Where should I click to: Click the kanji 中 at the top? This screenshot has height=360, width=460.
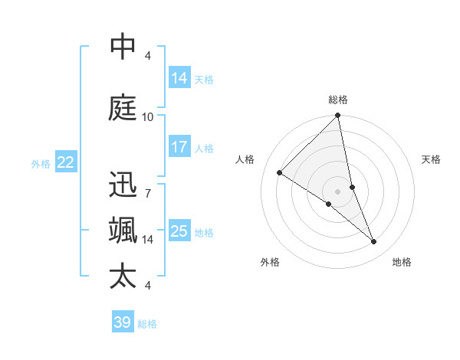pos(123,47)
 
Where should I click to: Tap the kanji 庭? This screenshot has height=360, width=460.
pos(123,108)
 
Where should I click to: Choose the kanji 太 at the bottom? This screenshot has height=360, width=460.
pos(123,277)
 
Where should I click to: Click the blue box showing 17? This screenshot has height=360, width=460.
pos(179,146)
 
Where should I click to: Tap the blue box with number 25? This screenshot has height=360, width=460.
pos(179,231)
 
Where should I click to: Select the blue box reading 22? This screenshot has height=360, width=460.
pos(66,162)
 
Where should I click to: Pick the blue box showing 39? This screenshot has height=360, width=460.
pos(123,322)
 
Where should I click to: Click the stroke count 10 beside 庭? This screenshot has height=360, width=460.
pos(147,116)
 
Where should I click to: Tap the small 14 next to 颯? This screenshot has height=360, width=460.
pos(147,240)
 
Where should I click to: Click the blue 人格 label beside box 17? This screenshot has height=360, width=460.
pos(204,148)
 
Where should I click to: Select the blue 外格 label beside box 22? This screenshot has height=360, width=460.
pos(41,163)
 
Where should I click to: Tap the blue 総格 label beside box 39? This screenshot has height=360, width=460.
pos(147,324)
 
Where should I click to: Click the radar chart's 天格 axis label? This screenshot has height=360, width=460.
pos(432,159)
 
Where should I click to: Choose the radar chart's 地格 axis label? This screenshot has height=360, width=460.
pos(402,262)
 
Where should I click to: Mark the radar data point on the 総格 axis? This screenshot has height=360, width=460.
pos(337,116)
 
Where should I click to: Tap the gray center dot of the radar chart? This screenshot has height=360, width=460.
pos(337,190)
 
